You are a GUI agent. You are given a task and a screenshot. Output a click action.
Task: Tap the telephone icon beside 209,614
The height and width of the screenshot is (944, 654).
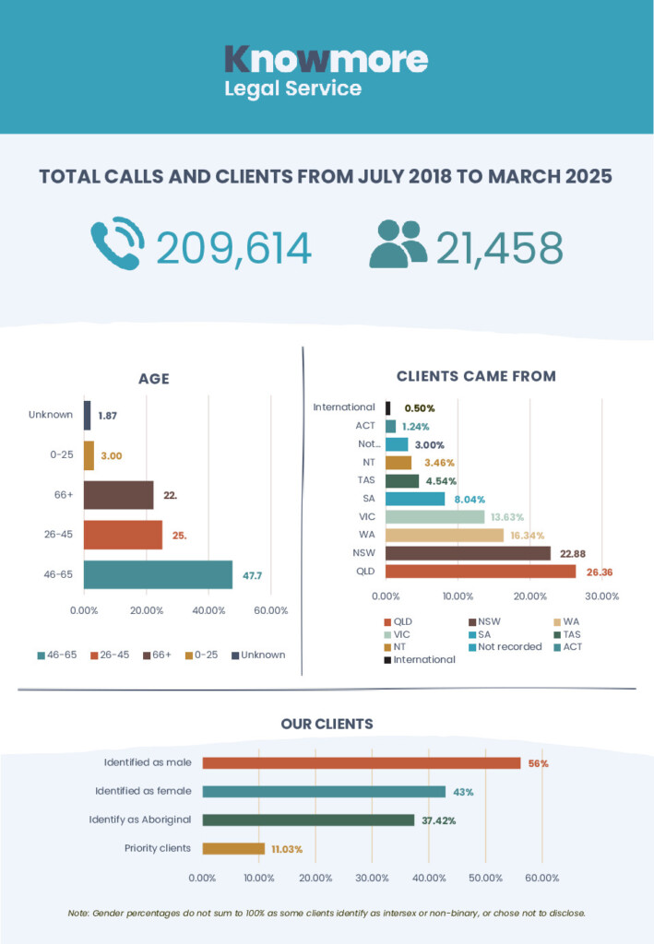(x=117, y=243)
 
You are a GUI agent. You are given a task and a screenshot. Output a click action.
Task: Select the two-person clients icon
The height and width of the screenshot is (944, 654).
(x=398, y=243)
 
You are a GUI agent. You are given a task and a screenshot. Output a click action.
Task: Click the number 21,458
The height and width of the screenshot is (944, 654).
(x=499, y=248)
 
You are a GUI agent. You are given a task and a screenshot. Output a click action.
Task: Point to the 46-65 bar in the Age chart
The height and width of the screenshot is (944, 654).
(x=158, y=574)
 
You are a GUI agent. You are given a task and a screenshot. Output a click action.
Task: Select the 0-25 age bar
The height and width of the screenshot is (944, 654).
(x=89, y=455)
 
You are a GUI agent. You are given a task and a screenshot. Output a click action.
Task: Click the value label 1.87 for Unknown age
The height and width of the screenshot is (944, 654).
(x=108, y=416)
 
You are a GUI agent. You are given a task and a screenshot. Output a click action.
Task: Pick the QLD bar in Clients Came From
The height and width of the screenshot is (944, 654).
(x=481, y=572)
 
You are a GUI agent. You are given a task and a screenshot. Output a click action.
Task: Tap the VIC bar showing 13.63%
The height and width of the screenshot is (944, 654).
(x=434, y=516)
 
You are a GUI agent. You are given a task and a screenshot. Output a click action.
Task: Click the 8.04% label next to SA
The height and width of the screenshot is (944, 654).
(x=470, y=499)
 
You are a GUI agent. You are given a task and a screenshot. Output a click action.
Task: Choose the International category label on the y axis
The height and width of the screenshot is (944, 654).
(x=344, y=407)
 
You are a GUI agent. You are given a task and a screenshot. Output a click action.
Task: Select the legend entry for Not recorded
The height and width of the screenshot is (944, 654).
(x=505, y=646)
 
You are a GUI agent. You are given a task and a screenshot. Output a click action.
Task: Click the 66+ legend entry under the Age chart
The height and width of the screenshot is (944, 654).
(x=157, y=655)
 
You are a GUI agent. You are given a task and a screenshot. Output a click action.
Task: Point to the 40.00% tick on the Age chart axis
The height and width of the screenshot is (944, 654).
(x=208, y=610)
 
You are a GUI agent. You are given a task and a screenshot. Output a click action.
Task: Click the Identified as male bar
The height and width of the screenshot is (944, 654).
(x=362, y=762)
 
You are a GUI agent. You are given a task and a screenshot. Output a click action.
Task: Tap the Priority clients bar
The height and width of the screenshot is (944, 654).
(x=233, y=848)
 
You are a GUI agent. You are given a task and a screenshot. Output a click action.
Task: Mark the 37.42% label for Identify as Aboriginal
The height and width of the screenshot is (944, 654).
(x=438, y=820)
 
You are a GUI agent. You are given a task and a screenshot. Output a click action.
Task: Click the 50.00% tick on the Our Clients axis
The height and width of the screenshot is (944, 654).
(x=485, y=878)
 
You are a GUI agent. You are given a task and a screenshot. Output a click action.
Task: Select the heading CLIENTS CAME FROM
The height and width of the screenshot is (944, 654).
(x=476, y=376)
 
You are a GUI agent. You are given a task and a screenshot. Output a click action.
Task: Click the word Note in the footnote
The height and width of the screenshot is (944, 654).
(x=78, y=914)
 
